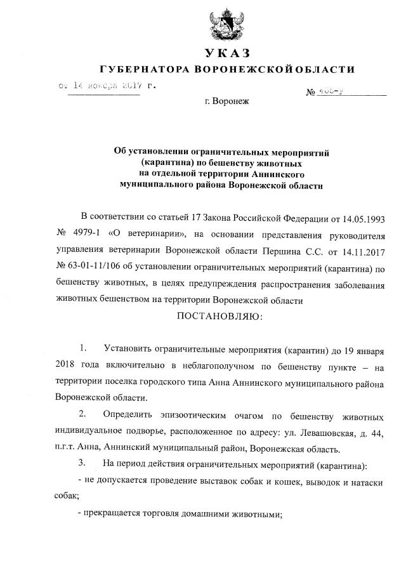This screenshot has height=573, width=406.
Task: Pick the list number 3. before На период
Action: coord(83,463)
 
